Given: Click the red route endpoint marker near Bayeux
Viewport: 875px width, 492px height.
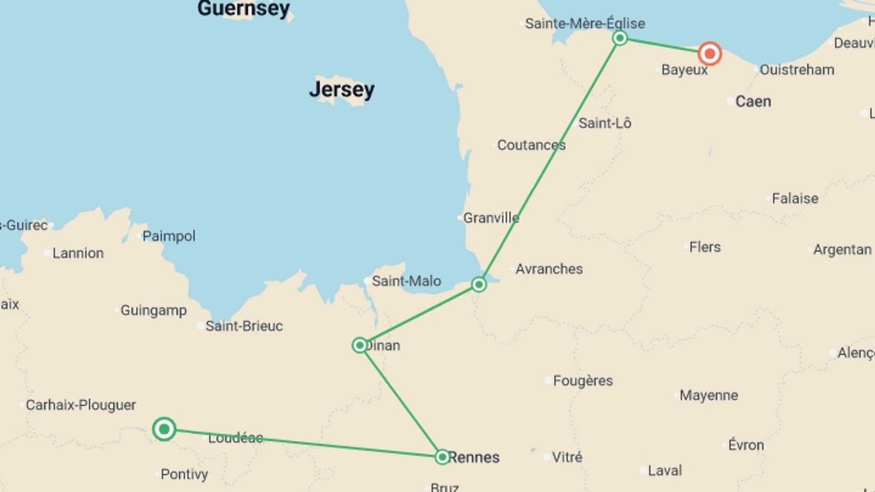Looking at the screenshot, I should click(x=710, y=54).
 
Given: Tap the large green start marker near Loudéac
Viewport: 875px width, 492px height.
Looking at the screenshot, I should click(x=164, y=429).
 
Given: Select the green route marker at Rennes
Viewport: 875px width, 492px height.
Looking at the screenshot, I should click(x=442, y=457).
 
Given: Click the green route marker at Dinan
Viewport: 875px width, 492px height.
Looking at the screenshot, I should click(x=360, y=345).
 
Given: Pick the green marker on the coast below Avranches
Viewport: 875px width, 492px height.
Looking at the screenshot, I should click(x=479, y=285).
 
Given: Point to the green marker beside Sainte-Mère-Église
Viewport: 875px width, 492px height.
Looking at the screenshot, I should click(x=620, y=38).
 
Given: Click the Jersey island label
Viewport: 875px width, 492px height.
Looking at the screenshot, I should click(x=342, y=89).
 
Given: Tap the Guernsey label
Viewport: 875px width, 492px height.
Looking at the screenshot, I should click(x=243, y=8).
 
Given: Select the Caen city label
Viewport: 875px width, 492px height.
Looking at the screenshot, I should click(x=753, y=101).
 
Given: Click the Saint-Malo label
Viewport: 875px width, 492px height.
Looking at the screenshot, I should click(x=406, y=281).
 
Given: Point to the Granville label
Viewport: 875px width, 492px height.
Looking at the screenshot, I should click(x=491, y=218).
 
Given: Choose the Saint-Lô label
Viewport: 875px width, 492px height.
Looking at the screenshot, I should click(x=605, y=123).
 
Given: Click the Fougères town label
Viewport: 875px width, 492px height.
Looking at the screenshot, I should click(x=582, y=380).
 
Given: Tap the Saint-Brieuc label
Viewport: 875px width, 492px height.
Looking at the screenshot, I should click(x=243, y=326).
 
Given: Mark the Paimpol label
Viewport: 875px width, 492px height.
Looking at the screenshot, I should click(x=169, y=236).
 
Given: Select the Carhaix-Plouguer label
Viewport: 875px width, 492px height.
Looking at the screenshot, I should click(x=81, y=405).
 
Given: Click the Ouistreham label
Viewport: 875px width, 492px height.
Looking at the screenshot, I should click(x=797, y=70).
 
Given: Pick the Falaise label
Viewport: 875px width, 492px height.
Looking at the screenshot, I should click(x=795, y=199).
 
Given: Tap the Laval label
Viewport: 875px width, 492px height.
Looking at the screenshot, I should click(x=664, y=471).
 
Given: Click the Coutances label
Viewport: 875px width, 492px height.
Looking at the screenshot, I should click(x=531, y=145).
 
